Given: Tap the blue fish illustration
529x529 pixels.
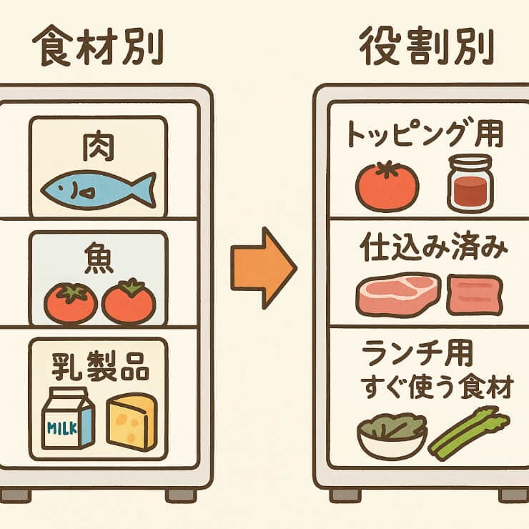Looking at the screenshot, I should coord(97,189).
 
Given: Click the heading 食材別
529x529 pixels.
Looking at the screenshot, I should coord(99,49).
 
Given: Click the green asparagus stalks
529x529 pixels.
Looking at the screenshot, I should coord(469,432).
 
